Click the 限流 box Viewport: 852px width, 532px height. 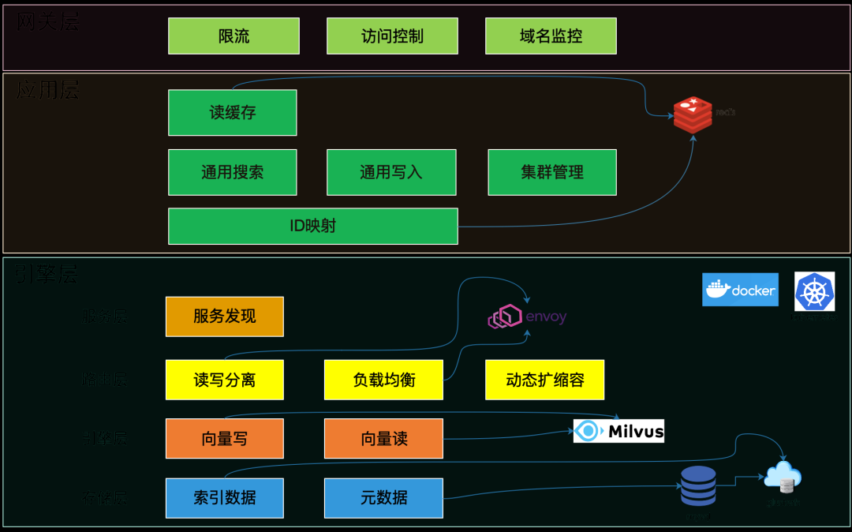(x=234, y=36)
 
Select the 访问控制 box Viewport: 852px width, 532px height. (x=392, y=36)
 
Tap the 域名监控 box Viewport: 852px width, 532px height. (x=551, y=36)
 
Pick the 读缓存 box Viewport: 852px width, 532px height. (x=232, y=113)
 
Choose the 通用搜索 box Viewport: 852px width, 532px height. (x=232, y=172)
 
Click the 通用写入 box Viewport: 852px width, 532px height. (x=391, y=172)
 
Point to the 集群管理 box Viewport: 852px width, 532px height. (x=552, y=172)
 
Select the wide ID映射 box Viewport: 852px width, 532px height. (x=312, y=226)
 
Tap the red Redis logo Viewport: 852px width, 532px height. (x=692, y=115)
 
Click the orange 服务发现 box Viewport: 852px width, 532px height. (x=224, y=317)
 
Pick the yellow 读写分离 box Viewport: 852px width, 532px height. (x=224, y=380)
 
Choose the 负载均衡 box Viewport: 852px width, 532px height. (x=383, y=380)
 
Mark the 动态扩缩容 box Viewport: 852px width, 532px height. (x=544, y=380)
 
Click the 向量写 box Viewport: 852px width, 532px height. (x=224, y=439)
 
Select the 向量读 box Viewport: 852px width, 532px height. (x=383, y=439)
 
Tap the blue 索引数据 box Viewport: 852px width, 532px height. (x=224, y=498)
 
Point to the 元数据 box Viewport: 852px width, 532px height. (x=383, y=498)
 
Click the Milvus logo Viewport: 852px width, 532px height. (x=618, y=431)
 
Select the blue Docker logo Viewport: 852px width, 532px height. (x=740, y=290)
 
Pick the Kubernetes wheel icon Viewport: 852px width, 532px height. (x=814, y=291)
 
